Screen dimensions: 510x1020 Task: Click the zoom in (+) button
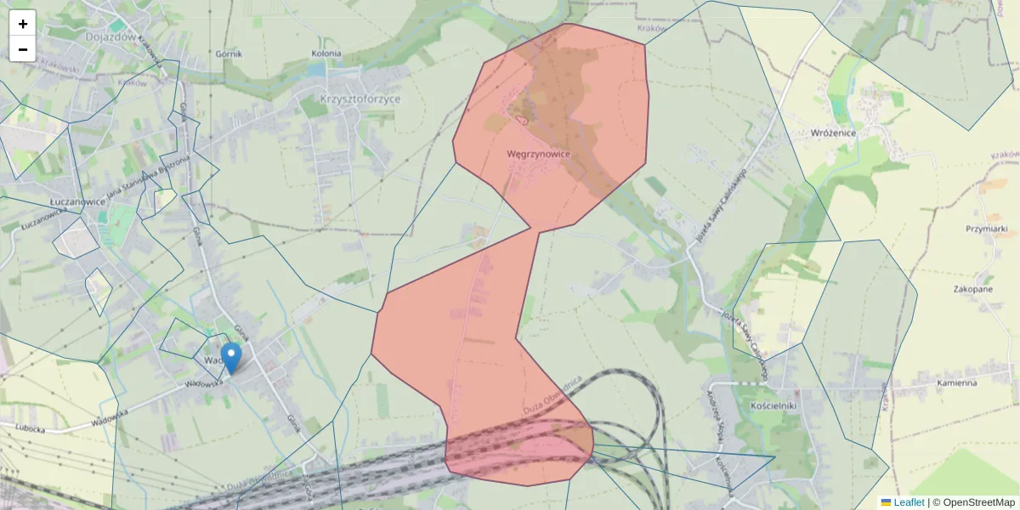point(23,23)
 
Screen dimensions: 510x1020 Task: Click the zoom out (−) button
point(23,49)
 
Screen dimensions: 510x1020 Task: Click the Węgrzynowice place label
point(537,154)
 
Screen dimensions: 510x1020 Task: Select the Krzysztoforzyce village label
point(360,99)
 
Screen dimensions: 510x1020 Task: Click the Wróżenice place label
point(833,133)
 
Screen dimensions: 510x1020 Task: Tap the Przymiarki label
point(986,229)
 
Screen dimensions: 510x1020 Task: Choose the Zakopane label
point(974,289)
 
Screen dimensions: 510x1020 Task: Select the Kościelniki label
point(773,405)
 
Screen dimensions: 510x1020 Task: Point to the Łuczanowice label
point(77,201)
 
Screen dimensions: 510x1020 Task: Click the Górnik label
point(229,54)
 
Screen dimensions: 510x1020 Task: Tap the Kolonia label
point(326,54)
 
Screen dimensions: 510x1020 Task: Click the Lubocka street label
point(29,429)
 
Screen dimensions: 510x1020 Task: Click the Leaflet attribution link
point(909,502)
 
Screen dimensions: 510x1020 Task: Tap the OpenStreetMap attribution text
point(978,502)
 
